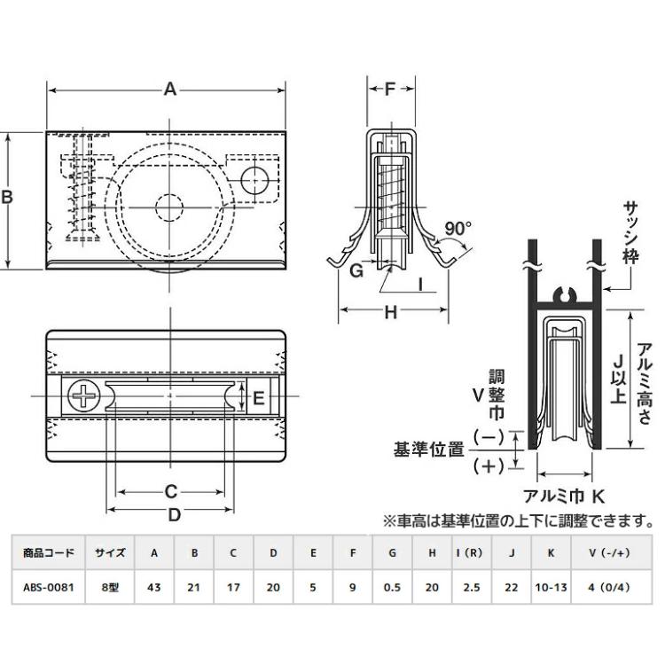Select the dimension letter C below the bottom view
coord(172,491)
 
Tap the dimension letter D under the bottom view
coord(174,514)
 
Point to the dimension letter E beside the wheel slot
coord(259,398)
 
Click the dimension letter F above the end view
coord(390,90)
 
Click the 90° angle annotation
coord(458,229)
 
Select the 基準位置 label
coord(431,450)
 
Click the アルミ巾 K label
coord(565,497)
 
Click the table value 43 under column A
coord(154,585)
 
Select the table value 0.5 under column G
coord(392,585)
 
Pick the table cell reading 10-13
coord(552,585)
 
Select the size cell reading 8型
coord(110,585)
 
